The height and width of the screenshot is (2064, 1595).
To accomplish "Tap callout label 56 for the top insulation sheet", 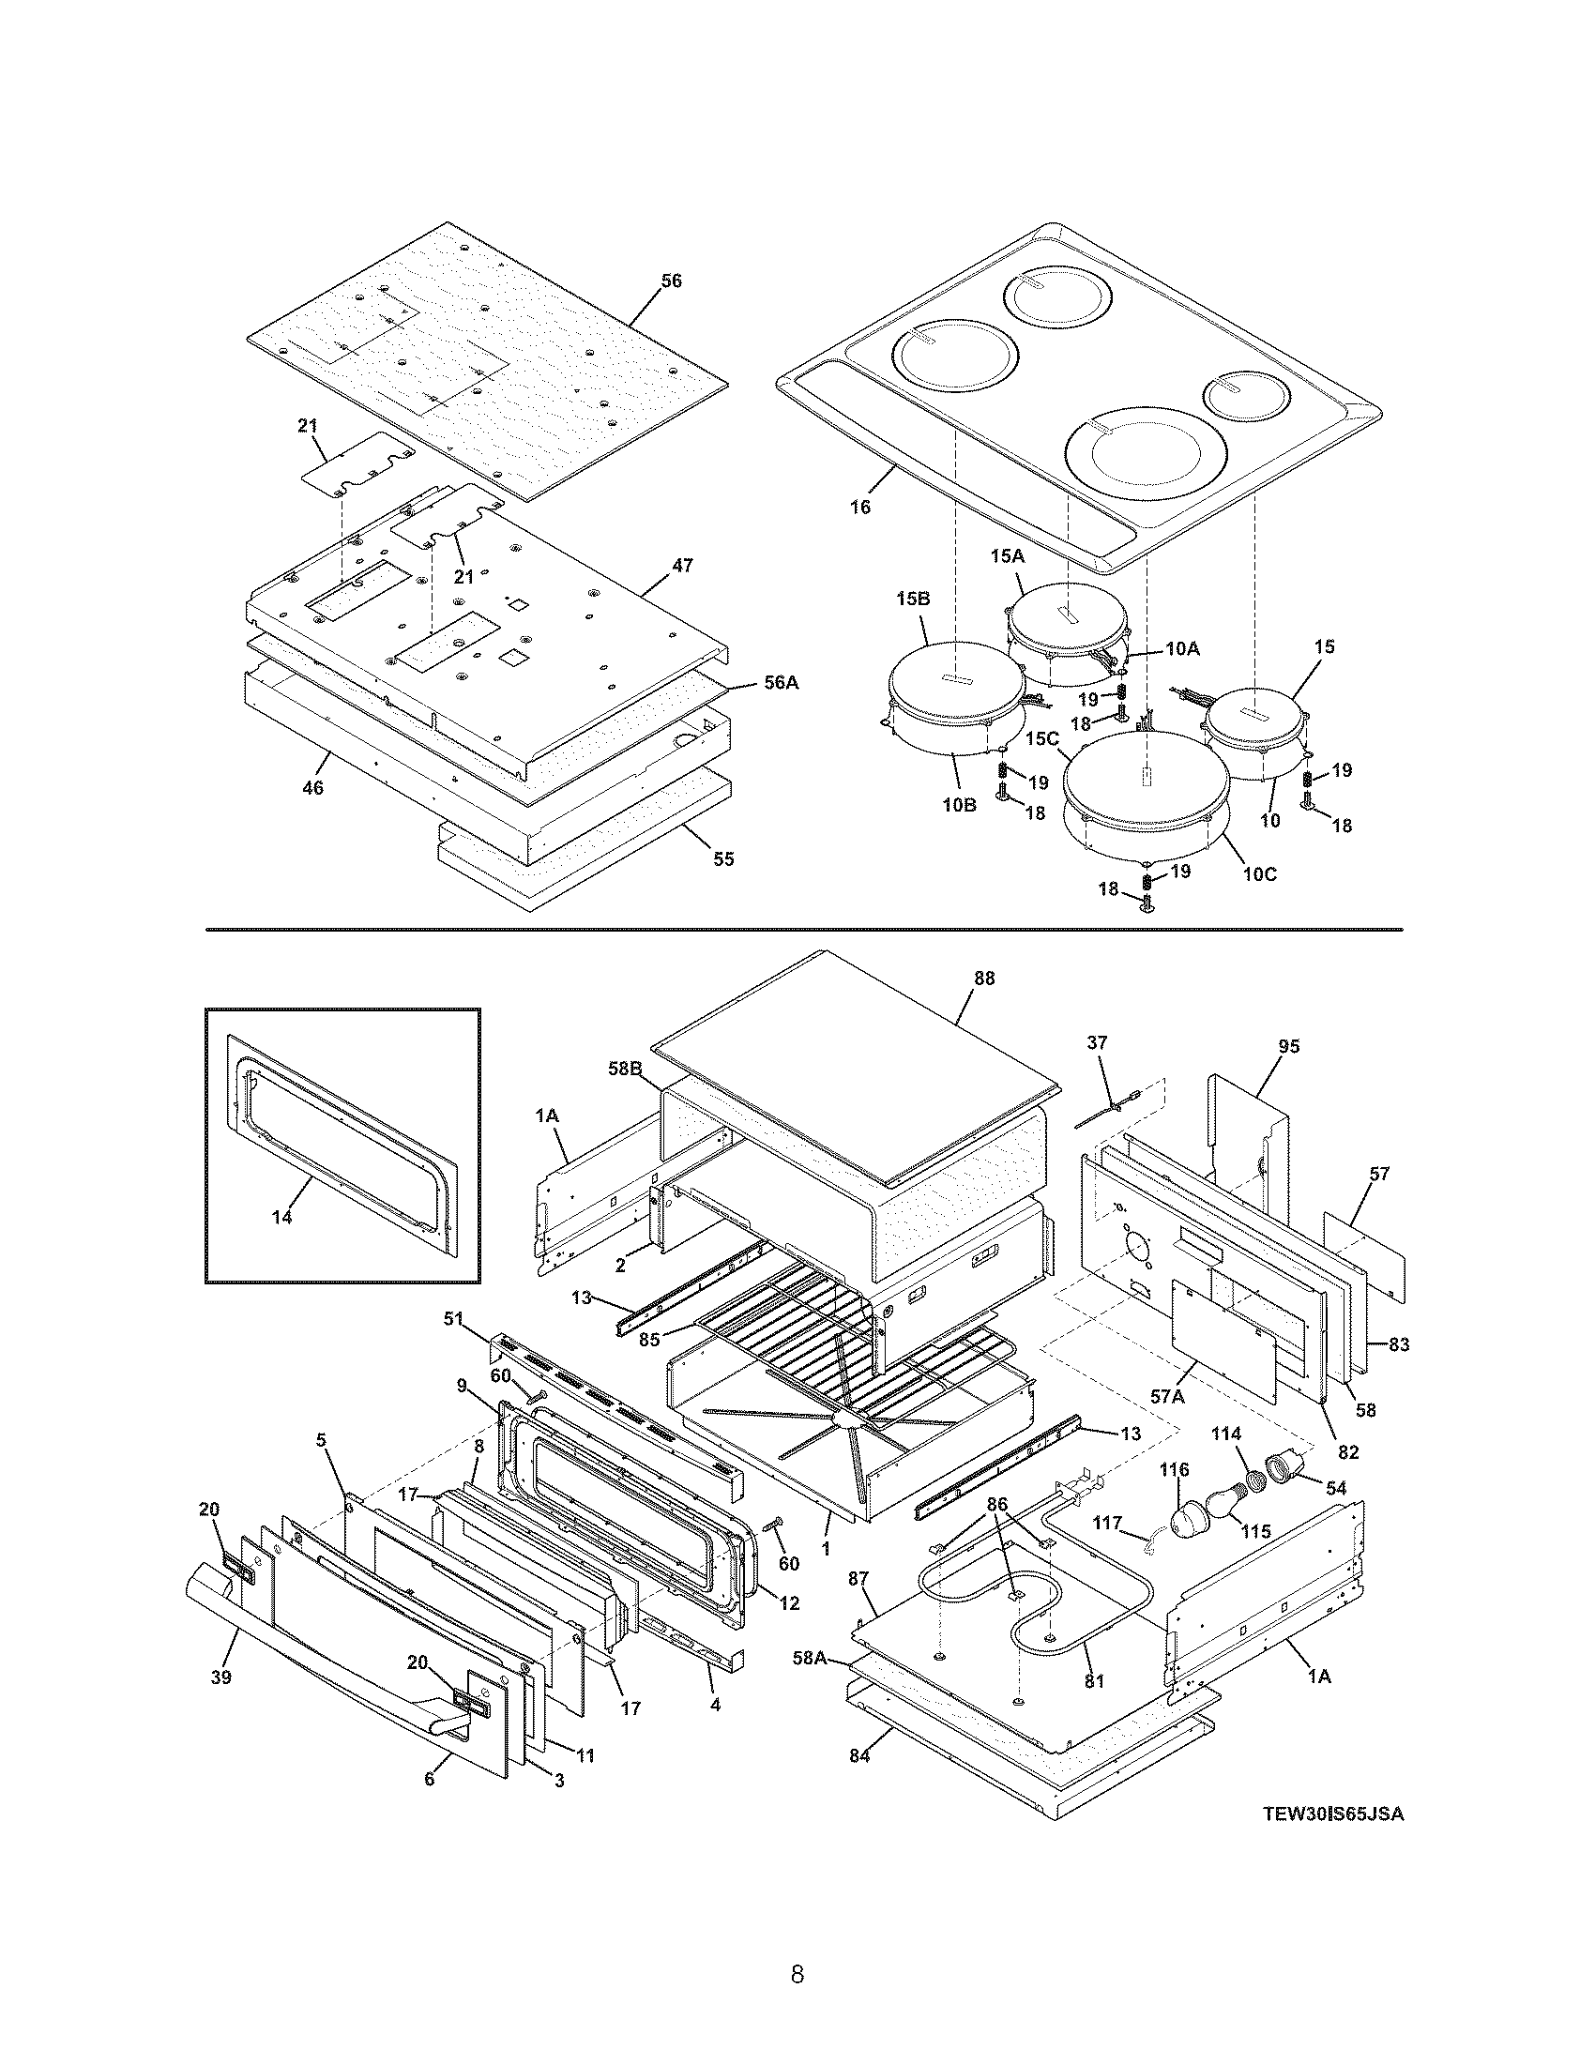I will coord(670,281).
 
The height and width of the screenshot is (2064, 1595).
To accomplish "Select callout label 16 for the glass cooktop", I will coord(859,508).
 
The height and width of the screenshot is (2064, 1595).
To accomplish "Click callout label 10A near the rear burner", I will coord(1181,648).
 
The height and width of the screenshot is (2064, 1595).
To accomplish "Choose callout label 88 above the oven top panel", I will coord(983,979).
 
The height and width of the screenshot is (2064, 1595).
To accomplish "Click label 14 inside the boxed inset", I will coord(281,1217).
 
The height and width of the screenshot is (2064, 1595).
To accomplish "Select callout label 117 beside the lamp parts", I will coord(1106,1524).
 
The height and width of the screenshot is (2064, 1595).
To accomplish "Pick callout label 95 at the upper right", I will coord(1289,1046).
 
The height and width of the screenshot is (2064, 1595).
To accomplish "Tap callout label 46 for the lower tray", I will coord(312,787).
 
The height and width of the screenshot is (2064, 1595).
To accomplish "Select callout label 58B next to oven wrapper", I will coord(626,1069).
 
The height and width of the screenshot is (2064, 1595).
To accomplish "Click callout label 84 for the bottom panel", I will coord(858,1756).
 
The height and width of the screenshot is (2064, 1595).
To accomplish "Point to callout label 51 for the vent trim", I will coord(453,1319).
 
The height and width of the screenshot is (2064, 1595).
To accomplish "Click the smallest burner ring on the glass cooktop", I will coord(1246,395).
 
